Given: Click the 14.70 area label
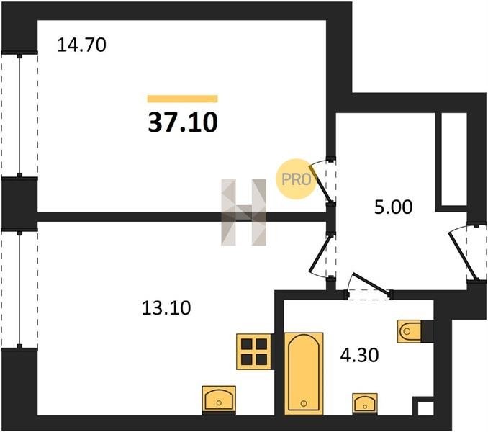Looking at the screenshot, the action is (x=82, y=45).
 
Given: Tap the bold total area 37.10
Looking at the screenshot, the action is (x=183, y=122).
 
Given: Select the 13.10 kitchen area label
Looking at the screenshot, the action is (x=166, y=308).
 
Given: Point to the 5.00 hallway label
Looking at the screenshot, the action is (x=394, y=207).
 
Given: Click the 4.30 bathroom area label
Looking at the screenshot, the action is (x=359, y=355).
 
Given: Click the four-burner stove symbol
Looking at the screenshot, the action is (x=255, y=351).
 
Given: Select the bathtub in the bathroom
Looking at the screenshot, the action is (x=304, y=374).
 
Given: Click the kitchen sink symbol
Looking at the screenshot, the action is (x=219, y=400).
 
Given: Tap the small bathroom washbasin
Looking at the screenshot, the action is (x=365, y=404).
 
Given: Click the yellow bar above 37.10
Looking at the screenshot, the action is (x=183, y=99).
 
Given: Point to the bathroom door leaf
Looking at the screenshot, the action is (x=371, y=284).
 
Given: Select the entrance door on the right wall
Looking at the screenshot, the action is (x=462, y=255).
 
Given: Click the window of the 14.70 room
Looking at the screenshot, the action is (x=19, y=114).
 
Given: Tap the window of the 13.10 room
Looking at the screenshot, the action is (x=19, y=289).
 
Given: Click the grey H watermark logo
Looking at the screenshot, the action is (x=244, y=212).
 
